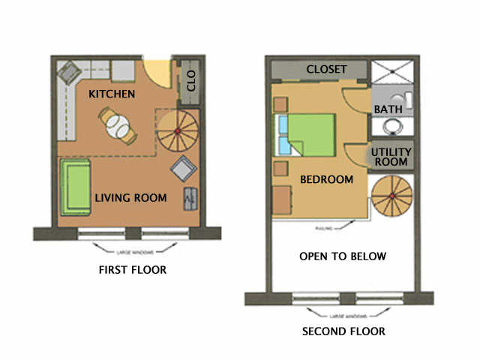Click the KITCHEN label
112,94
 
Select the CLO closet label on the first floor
190,82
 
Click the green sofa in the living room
76,185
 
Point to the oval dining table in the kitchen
118,125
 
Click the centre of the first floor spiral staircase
177,132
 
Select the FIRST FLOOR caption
133,269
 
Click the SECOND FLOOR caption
343,331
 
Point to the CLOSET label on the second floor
326,70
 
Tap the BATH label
388,109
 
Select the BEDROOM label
326,180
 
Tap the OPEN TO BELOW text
343,256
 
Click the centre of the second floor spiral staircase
391,196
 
